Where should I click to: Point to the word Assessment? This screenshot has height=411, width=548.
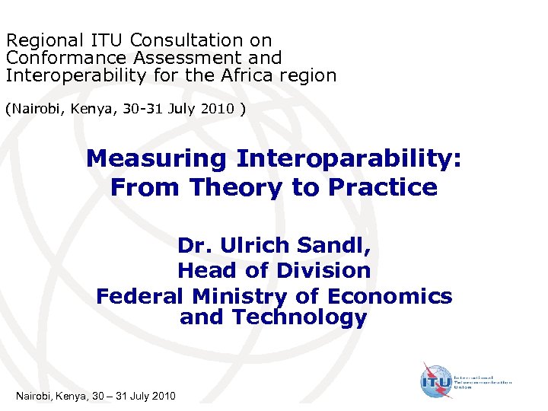[x=183, y=58]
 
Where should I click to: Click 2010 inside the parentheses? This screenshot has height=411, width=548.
[x=218, y=109]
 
